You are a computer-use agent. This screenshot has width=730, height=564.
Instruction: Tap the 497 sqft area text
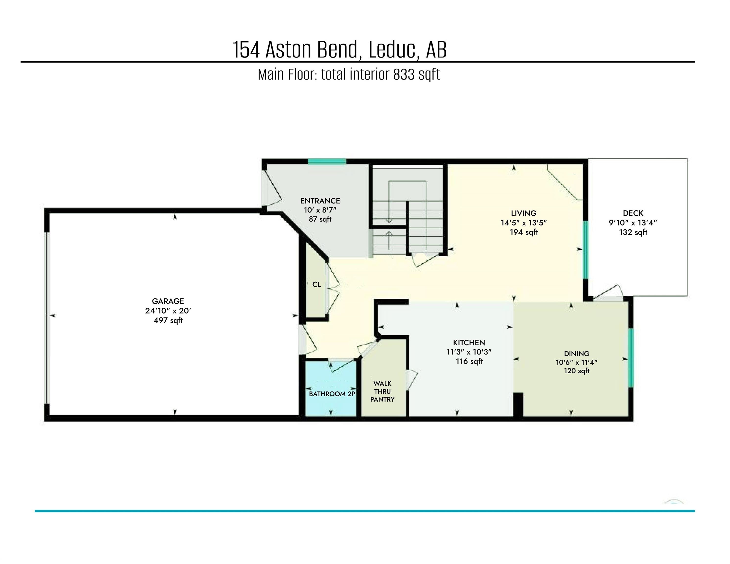point(168,320)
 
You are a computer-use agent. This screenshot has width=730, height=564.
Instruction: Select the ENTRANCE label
point(320,201)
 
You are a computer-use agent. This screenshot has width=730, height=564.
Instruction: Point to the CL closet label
point(317,284)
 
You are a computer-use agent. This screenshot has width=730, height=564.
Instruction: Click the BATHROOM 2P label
point(332,394)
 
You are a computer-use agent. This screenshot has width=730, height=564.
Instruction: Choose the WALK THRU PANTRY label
point(382,391)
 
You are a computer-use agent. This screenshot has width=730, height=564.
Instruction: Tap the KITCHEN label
point(469,342)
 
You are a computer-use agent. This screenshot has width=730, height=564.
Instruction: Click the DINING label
point(576,353)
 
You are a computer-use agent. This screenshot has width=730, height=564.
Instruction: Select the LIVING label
point(523,213)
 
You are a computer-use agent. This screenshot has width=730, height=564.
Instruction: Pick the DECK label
point(633,213)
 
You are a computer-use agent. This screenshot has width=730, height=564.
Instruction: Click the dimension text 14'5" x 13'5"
point(523,223)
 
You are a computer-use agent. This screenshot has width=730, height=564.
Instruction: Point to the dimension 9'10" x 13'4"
point(633,223)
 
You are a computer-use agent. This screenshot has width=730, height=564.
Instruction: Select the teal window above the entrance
point(327,162)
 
